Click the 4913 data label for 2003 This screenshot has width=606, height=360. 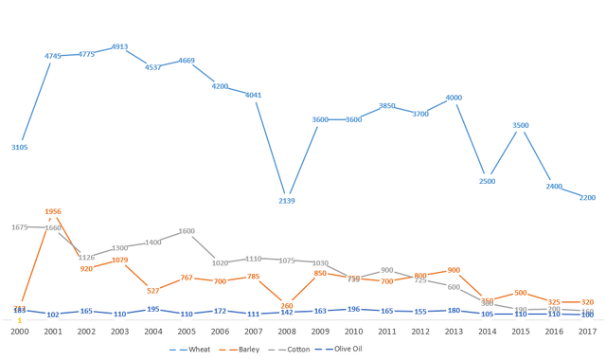(x=119, y=45)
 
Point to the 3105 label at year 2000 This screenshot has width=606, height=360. (x=20, y=147)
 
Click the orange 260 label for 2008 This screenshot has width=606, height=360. (x=287, y=306)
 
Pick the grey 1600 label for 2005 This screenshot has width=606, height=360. (x=187, y=231)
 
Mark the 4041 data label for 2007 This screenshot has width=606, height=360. (x=254, y=95)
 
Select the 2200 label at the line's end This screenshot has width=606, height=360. (x=587, y=197)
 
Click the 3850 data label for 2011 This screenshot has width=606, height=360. (x=387, y=106)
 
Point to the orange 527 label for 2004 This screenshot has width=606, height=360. (x=153, y=290)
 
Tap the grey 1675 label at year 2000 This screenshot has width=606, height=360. (x=20, y=227)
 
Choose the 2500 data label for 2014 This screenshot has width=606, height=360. (x=488, y=181)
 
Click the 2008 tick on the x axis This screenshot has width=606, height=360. (x=287, y=332)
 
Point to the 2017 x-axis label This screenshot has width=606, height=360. (x=587, y=332)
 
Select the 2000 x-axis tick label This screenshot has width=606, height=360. (x=20, y=332)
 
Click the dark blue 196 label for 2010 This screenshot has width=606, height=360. (x=354, y=309)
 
